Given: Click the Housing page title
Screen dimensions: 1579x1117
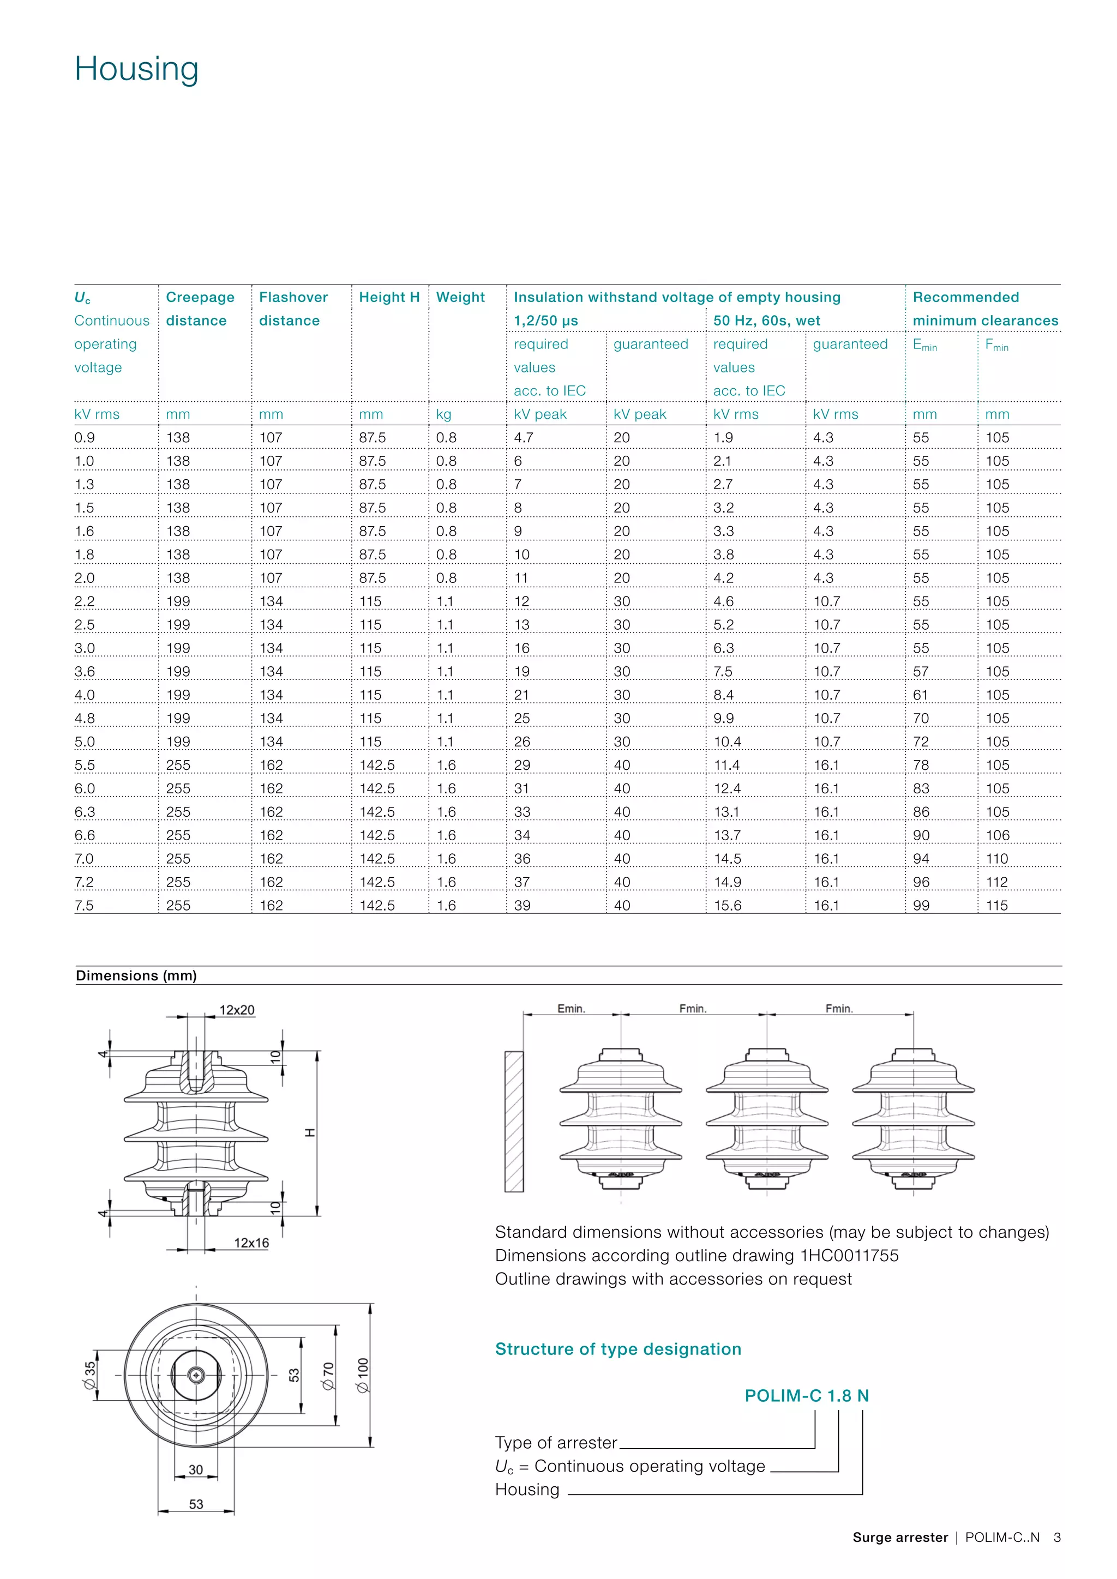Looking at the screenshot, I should [x=136, y=69].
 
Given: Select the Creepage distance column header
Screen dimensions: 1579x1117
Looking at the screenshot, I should [x=200, y=309].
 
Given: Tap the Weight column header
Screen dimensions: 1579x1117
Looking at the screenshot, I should [x=460, y=297].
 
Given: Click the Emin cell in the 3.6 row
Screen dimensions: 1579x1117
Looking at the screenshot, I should [x=921, y=671].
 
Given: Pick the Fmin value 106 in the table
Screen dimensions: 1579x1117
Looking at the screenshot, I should [x=998, y=835].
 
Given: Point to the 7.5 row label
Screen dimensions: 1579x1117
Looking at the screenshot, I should [x=84, y=905].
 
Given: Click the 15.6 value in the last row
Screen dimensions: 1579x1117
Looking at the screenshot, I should [x=728, y=905].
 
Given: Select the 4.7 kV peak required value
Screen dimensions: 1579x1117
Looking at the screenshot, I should [x=524, y=437].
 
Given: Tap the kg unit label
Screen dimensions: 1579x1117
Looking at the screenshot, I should [x=443, y=414].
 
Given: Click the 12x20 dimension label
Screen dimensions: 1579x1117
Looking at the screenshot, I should [x=237, y=1010].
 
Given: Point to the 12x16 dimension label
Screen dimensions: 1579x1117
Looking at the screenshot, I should [x=251, y=1243].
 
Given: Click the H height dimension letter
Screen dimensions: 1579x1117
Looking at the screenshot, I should [x=310, y=1132].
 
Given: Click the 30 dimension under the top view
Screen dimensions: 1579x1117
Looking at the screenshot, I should [x=195, y=1469].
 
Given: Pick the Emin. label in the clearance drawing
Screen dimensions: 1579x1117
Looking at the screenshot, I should [x=571, y=1008].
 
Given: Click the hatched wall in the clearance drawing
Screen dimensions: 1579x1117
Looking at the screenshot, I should [x=514, y=1122].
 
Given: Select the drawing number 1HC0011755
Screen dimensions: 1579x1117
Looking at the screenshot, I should [x=849, y=1255].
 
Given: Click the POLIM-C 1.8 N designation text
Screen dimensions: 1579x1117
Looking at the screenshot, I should [x=806, y=1395].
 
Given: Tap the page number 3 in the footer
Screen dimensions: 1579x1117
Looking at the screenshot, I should [x=1057, y=1537].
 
